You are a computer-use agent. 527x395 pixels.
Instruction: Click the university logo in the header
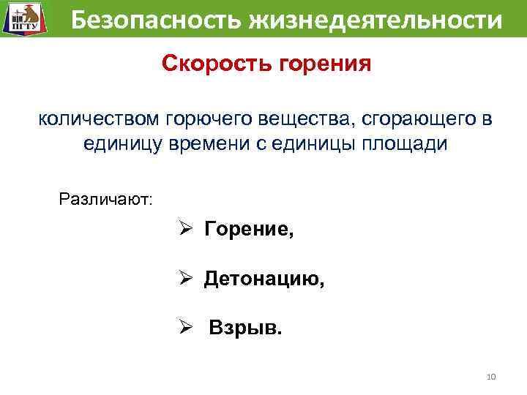click(x=22, y=18)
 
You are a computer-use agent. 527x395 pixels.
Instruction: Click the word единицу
click(x=124, y=144)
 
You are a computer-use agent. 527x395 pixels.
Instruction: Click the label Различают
click(x=105, y=198)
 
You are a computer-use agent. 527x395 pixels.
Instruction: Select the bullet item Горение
click(x=249, y=230)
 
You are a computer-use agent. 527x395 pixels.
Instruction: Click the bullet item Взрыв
click(x=244, y=326)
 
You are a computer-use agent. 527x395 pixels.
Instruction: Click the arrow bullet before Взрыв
click(x=187, y=326)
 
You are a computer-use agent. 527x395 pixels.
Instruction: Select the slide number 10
click(x=490, y=376)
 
